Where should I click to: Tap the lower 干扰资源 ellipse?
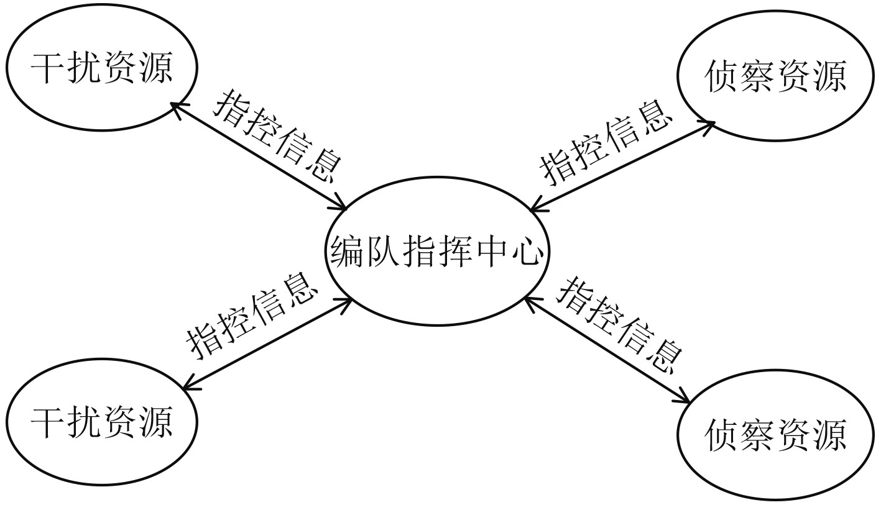pyautogui.click(x=101, y=422)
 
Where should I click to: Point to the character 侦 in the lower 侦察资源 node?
pyautogui.click(x=722, y=434)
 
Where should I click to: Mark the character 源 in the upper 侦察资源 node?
pyautogui.click(x=828, y=78)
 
